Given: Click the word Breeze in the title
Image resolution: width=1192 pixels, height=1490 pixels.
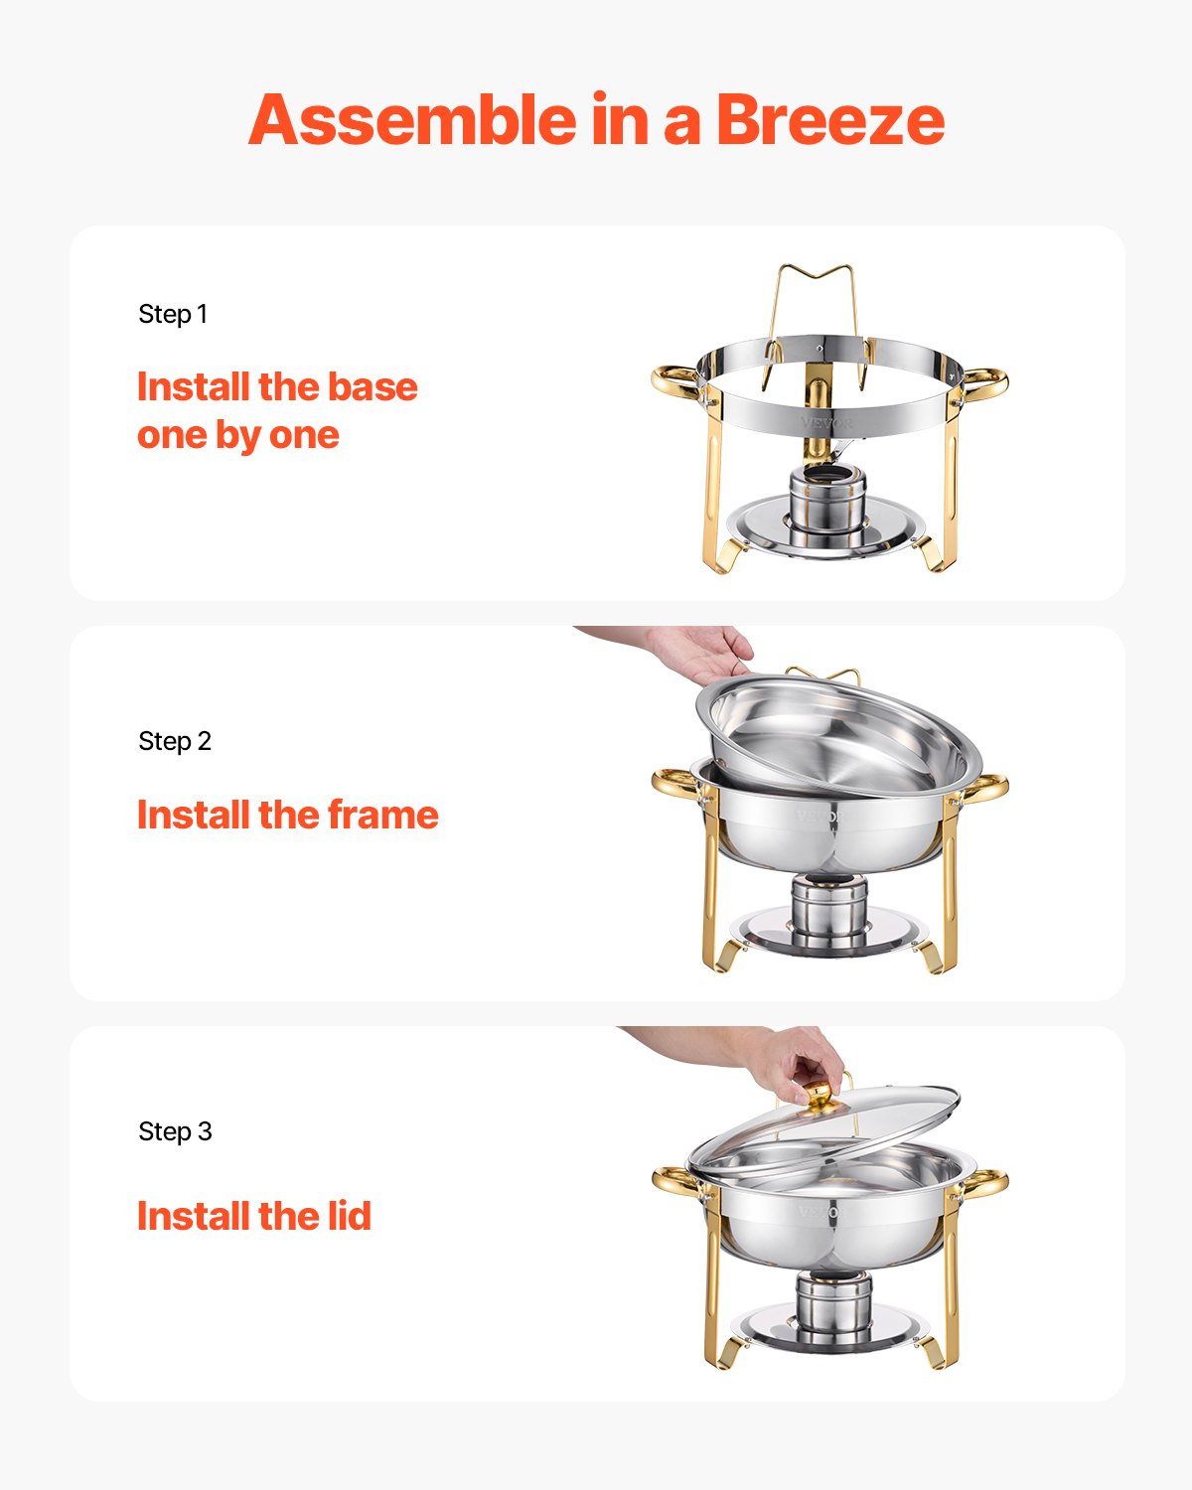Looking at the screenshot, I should click(x=829, y=120).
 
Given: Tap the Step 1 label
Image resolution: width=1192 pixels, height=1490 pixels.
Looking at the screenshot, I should click(x=173, y=314).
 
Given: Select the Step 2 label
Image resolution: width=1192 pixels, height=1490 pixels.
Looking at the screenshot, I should click(x=175, y=741).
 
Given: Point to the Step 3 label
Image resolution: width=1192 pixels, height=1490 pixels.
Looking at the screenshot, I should click(x=175, y=1131).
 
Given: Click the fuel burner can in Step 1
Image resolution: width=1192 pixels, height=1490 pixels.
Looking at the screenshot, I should click(x=826, y=496).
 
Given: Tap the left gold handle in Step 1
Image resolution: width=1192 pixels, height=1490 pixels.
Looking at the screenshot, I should click(x=676, y=381).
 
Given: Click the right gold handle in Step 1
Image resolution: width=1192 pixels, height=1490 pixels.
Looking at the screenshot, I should click(x=983, y=382).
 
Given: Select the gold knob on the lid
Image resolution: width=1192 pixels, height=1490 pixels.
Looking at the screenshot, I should click(x=819, y=1095).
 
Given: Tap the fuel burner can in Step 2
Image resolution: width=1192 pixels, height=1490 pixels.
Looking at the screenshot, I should click(x=829, y=912).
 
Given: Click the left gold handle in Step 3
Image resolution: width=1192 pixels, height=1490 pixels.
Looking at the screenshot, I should click(x=675, y=1181).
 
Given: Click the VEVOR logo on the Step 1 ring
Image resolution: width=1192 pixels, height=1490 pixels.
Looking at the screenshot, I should click(x=826, y=423).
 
